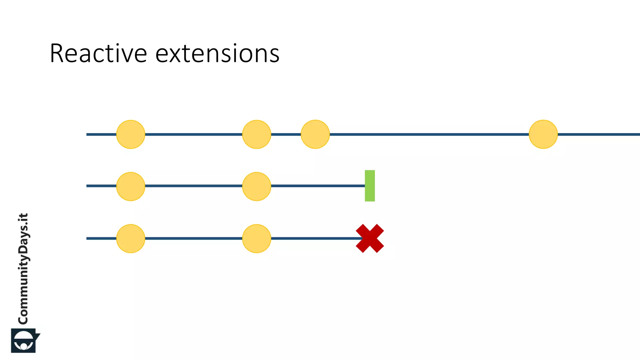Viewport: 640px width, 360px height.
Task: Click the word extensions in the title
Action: (217, 54)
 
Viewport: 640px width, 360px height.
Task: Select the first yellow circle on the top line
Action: (131, 134)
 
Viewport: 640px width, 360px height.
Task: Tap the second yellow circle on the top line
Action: (257, 134)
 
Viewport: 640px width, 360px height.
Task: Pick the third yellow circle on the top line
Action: (315, 134)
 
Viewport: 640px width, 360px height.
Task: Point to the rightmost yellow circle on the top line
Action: (543, 134)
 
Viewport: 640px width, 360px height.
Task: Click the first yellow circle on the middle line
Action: (131, 186)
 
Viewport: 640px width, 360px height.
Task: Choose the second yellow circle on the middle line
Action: (257, 186)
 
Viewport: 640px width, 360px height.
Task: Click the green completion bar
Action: (370, 186)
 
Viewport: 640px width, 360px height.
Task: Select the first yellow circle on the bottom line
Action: (131, 238)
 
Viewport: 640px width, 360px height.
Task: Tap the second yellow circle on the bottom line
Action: (257, 238)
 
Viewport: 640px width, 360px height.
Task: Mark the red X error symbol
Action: (370, 238)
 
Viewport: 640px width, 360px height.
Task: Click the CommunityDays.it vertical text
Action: (23, 269)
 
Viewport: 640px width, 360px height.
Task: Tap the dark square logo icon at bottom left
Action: (24, 340)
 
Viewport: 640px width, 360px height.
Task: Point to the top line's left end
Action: (87, 134)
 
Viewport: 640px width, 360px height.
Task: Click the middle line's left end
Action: (87, 186)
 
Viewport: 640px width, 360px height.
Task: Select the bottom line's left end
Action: (87, 238)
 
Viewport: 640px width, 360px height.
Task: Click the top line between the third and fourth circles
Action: (428, 134)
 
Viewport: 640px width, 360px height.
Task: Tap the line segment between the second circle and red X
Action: (312, 238)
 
